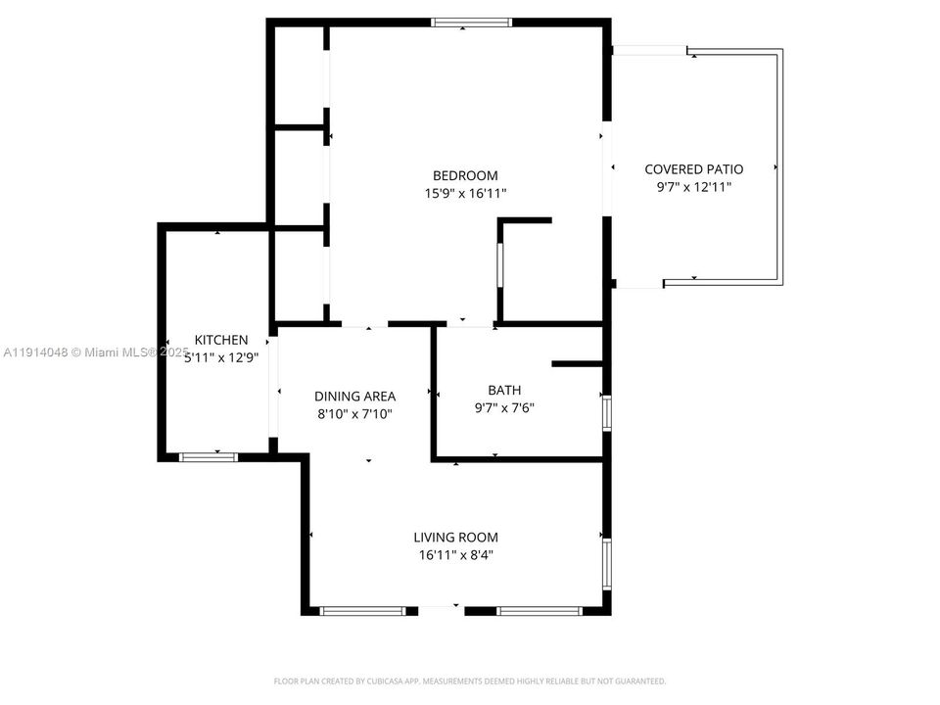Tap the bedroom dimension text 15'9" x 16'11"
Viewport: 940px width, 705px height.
coord(466,194)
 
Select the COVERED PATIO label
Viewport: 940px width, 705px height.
coord(693,169)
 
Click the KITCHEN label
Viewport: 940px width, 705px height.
coord(220,340)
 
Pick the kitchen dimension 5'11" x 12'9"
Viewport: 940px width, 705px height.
coord(220,357)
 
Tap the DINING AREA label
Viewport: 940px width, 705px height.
coord(354,397)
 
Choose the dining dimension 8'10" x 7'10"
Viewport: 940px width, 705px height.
coord(354,414)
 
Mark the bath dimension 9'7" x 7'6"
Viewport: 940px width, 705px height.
coord(504,407)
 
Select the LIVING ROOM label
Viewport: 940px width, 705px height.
coord(455,538)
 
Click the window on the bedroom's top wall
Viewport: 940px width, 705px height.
coord(472,22)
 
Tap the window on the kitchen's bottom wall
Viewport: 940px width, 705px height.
coord(208,455)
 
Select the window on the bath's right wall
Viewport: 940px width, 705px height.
coord(607,412)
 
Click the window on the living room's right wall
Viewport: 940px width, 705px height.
coord(607,564)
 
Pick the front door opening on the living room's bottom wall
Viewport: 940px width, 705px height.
coord(441,611)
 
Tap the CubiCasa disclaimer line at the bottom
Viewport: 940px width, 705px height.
coord(469,681)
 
